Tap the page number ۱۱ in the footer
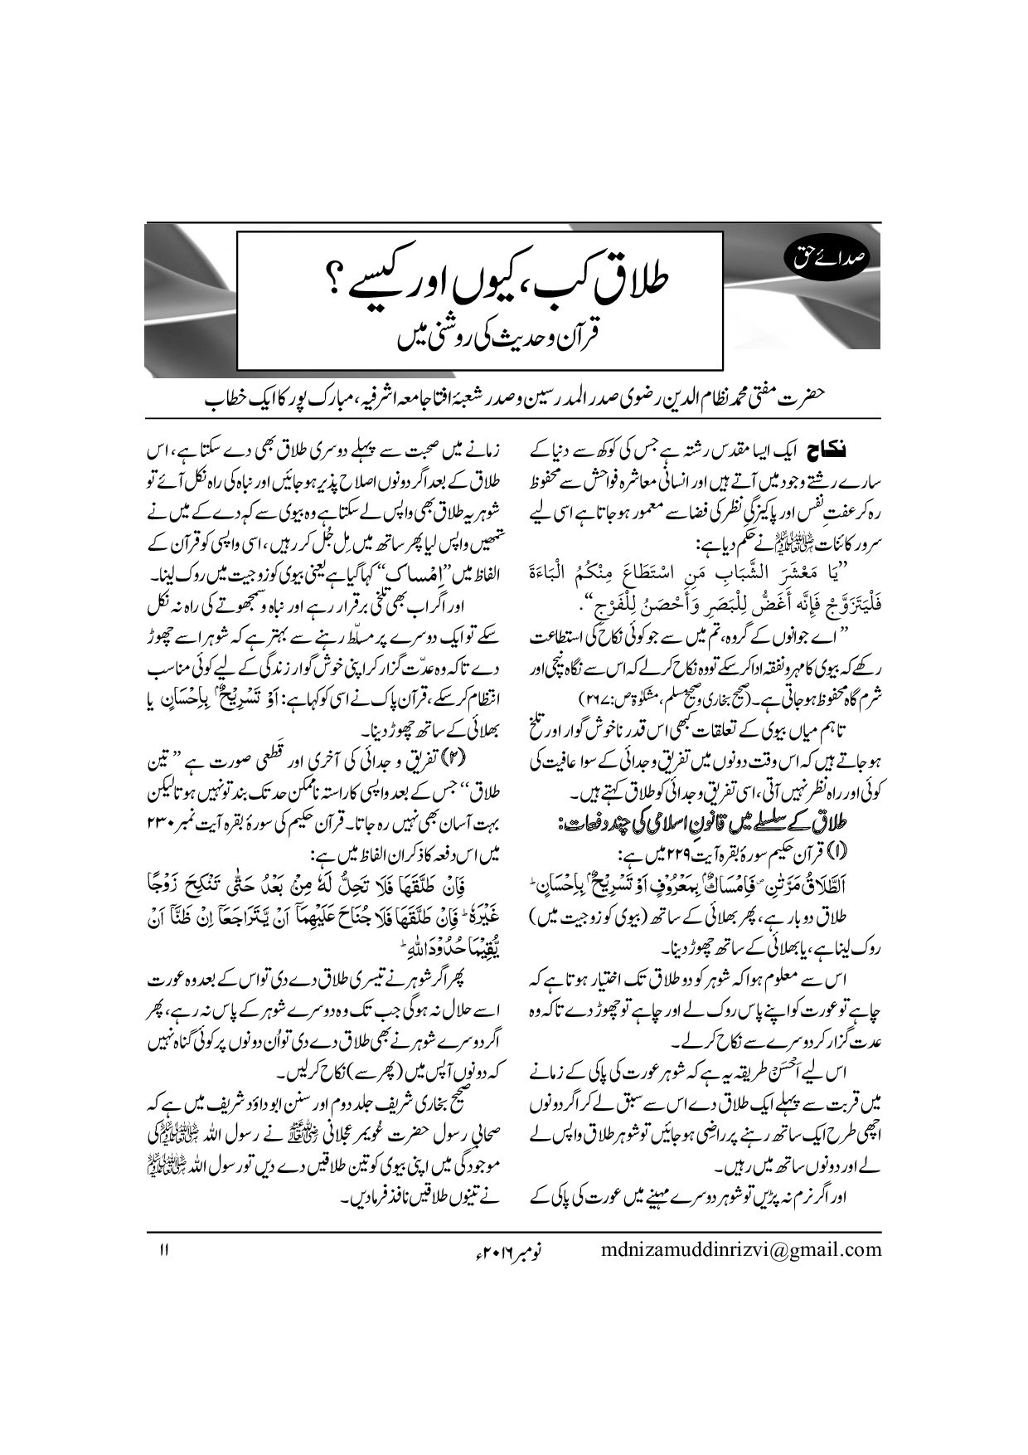[x=163, y=1249]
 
